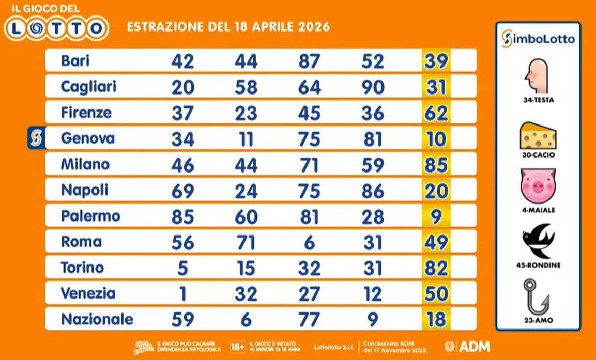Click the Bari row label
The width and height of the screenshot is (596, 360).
pos(75,61)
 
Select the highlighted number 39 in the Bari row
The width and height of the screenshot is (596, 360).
pos(435,61)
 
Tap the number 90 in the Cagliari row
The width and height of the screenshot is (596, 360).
pos(372,87)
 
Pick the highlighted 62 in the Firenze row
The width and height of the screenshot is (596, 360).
pos(435,113)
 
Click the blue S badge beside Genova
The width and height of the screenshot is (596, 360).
pos(36,138)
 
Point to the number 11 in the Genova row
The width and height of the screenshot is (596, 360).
pos(246,138)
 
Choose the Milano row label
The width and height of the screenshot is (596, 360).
pos(85,164)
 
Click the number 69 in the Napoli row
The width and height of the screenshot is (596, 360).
pos(182,191)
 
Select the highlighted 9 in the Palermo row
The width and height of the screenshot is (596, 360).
pos(436,216)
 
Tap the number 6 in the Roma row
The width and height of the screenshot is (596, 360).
pos(309,242)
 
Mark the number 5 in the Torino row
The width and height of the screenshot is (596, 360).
pos(182,268)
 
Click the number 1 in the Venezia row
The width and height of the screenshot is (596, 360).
pos(182,294)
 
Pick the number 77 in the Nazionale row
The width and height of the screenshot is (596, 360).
pos(309,320)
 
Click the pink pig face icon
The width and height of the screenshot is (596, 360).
pos(538,186)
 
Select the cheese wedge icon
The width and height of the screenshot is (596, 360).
pos(538,135)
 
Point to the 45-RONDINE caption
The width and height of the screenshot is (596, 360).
pos(538,265)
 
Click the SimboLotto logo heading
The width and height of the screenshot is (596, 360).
pos(538,39)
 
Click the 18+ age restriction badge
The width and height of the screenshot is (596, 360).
pos(238,347)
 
